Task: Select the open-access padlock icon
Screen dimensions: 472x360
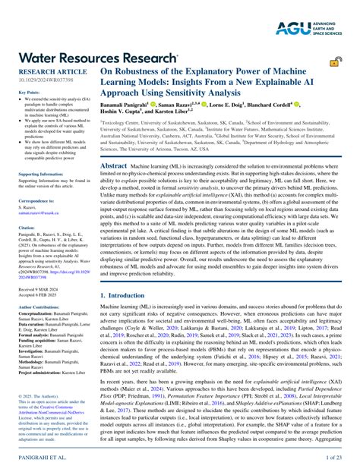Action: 334,62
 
